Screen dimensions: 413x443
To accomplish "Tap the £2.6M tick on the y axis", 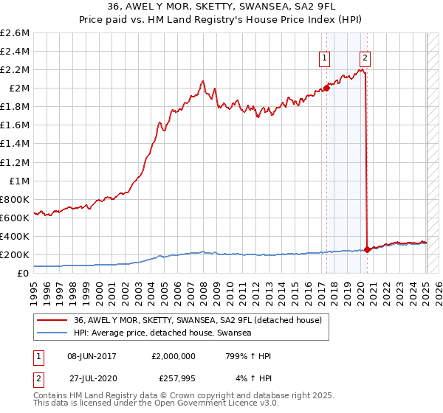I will [16, 33].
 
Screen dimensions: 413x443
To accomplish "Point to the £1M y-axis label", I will [21, 181].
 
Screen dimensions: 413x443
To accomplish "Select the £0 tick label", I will [24, 274].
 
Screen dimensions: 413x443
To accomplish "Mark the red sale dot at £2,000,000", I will [326, 88].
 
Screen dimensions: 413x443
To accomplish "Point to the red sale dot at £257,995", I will [368, 249].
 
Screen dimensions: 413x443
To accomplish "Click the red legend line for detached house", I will [52, 321].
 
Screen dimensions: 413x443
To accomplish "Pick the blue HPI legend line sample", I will [52, 333].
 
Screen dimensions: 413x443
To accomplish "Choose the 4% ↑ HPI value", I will [253, 377].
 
